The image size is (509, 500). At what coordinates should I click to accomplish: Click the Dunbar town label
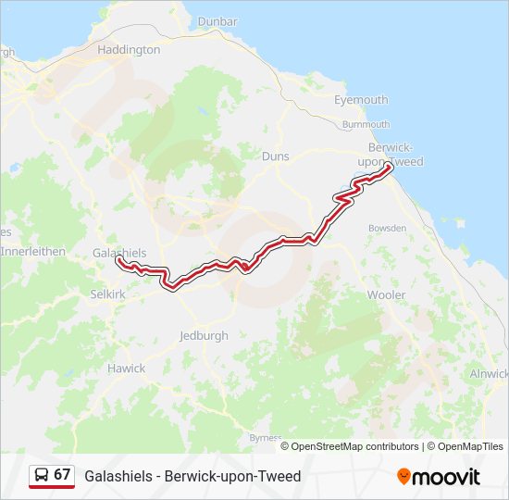pyautogui.click(x=217, y=21)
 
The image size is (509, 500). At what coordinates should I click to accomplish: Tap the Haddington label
pyautogui.click(x=129, y=50)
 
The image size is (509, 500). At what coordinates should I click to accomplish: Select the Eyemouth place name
pyautogui.click(x=361, y=100)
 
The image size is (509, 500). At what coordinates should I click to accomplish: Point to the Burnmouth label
pyautogui.click(x=366, y=124)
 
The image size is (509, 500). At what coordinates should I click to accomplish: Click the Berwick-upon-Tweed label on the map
pyautogui.click(x=396, y=155)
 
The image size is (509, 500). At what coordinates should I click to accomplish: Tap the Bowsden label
pyautogui.click(x=387, y=228)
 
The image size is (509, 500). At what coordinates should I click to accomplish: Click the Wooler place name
pyautogui.click(x=386, y=295)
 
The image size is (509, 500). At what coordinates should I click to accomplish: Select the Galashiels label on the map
pyautogui.click(x=119, y=253)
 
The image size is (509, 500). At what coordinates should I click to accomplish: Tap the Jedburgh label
pyautogui.click(x=204, y=336)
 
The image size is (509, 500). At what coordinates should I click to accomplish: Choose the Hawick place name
pyautogui.click(x=126, y=369)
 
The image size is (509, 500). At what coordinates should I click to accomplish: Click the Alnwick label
pyautogui.click(x=489, y=373)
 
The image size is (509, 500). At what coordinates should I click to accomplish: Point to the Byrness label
pyautogui.click(x=266, y=437)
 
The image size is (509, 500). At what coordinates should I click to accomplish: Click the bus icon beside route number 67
pyautogui.click(x=42, y=475)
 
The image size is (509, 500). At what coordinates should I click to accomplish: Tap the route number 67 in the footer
pyautogui.click(x=62, y=475)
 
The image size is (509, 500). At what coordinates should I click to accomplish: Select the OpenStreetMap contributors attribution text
pyautogui.click(x=354, y=446)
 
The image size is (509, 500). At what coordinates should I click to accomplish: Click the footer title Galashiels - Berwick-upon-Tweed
pyautogui.click(x=192, y=476)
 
